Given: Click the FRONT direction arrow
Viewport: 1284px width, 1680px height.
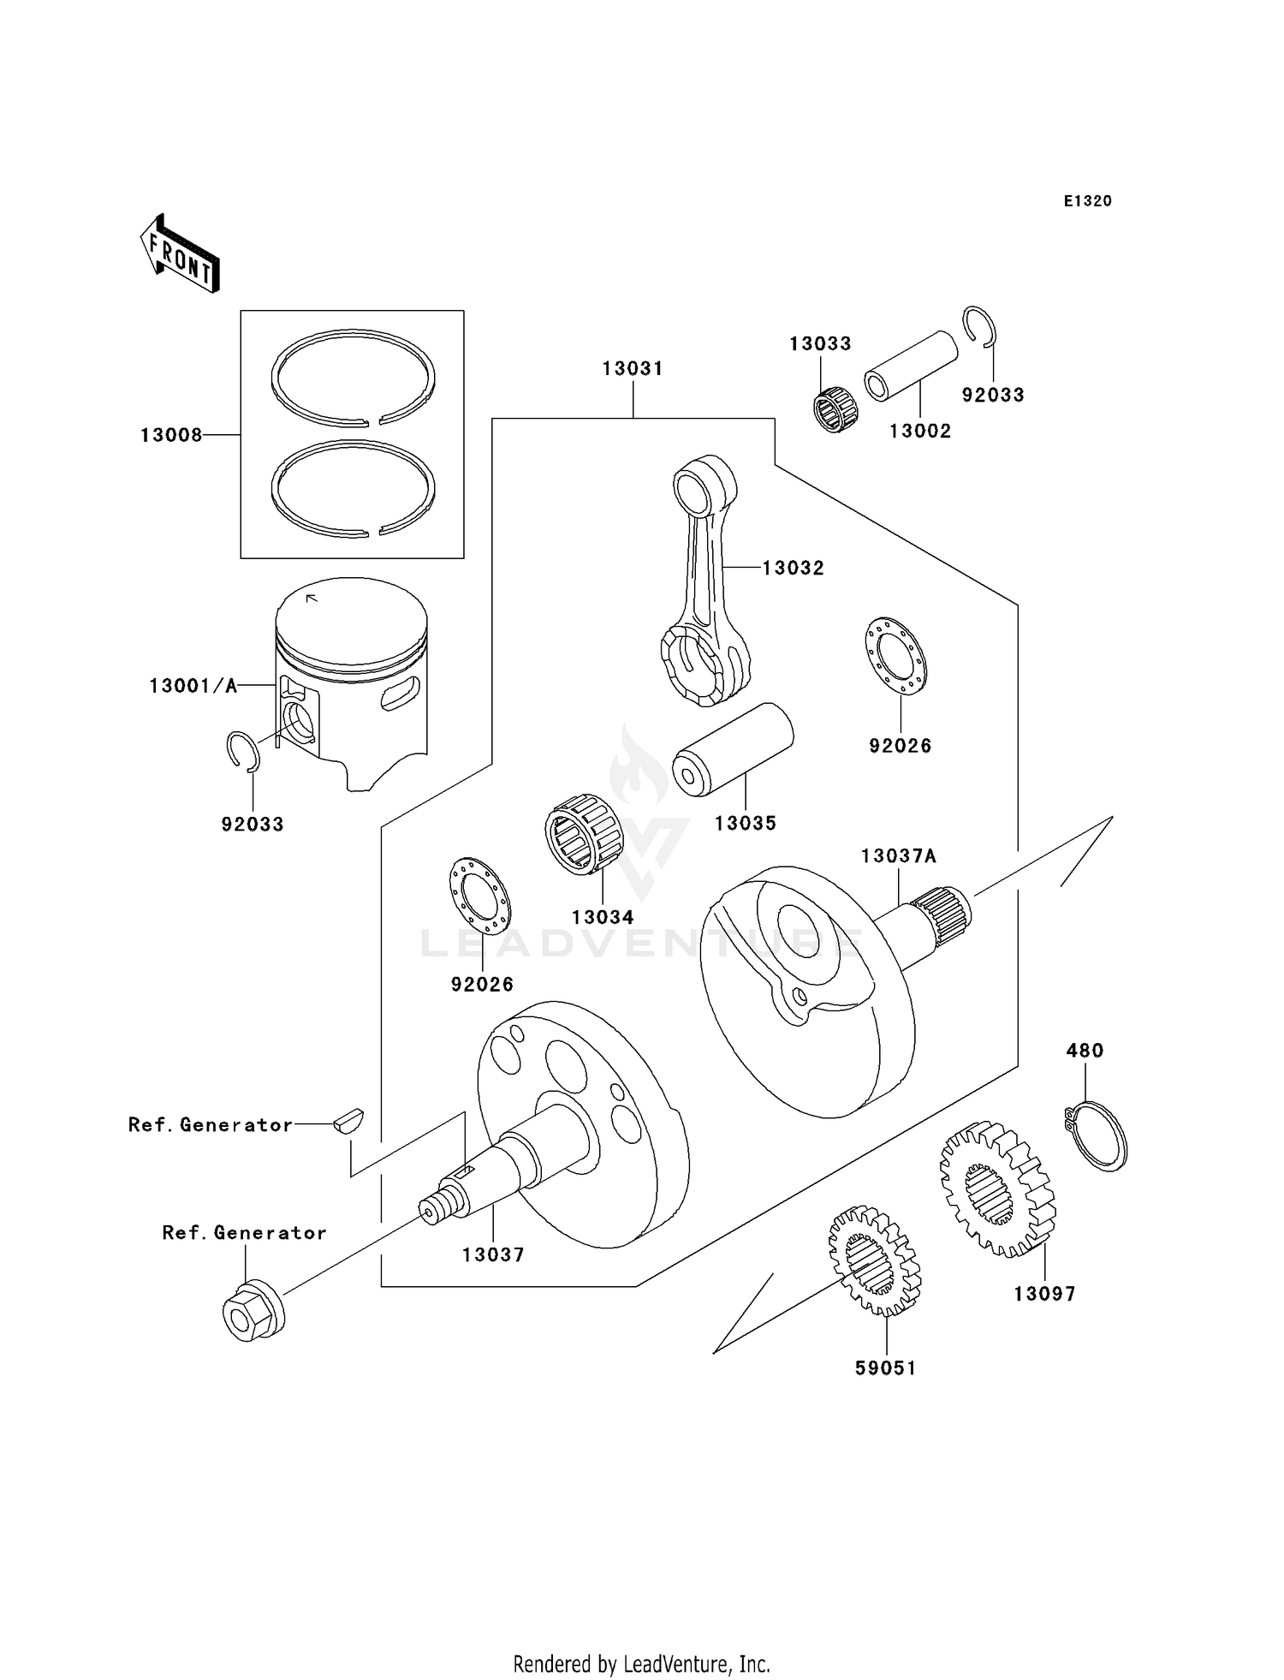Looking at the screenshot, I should pyautogui.click(x=181, y=254).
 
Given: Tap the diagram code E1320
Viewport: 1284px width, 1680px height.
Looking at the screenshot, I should pyautogui.click(x=1087, y=201).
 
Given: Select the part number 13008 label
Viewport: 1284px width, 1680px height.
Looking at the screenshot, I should pyautogui.click(x=171, y=435).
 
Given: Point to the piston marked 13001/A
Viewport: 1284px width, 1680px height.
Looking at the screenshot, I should pyautogui.click(x=351, y=676).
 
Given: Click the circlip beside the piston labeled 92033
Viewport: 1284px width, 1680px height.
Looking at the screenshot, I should pyautogui.click(x=244, y=752).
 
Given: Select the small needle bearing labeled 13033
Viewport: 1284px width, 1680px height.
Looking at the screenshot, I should pyautogui.click(x=835, y=408).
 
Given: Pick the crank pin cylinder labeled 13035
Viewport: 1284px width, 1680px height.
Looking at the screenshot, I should pyautogui.click(x=733, y=749).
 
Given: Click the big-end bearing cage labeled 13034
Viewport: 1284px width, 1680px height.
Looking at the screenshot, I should pyautogui.click(x=582, y=834).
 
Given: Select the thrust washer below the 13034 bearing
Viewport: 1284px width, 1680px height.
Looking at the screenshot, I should pyautogui.click(x=479, y=895).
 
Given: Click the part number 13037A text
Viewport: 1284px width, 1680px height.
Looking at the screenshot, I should pyautogui.click(x=898, y=856).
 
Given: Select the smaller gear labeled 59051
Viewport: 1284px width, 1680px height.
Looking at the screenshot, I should pyautogui.click(x=874, y=1260).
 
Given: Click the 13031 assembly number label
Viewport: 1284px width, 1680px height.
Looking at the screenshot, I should pyautogui.click(x=632, y=368).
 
